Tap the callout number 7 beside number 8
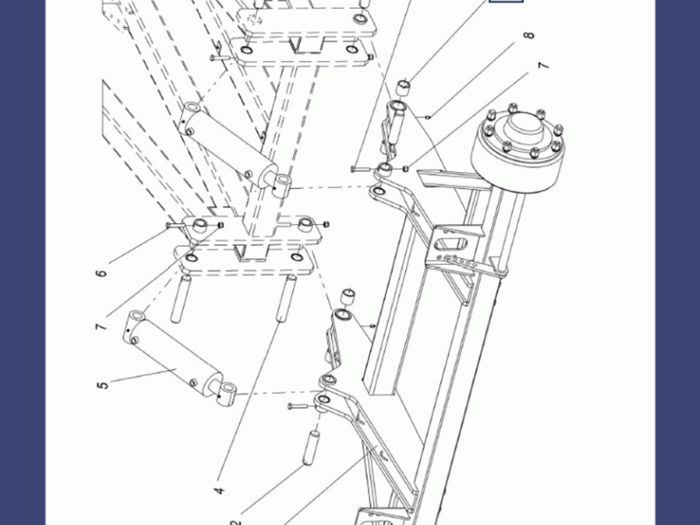coord(543,67)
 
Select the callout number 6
coord(102,273)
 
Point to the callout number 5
coord(103,383)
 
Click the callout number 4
coord(220,491)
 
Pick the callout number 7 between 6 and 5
coord(102,327)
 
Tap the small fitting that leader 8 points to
coord(428,115)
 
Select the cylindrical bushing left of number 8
coord(404,88)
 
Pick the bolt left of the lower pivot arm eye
coord(297,407)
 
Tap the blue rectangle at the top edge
coord(506,2)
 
